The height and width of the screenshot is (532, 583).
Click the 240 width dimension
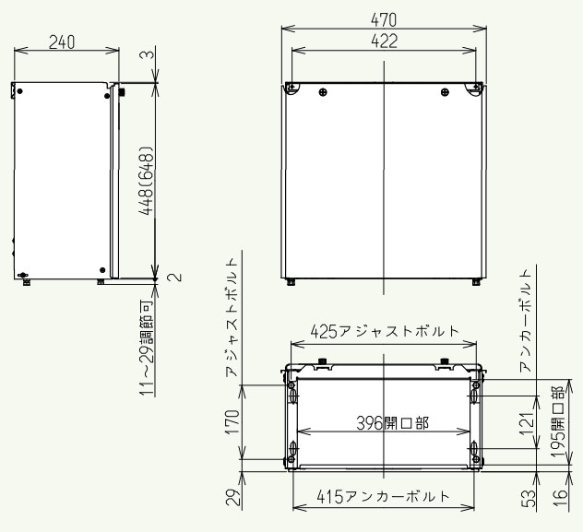point(63,41)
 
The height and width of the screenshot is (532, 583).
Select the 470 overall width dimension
point(385,18)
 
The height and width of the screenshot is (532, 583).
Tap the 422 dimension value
point(384,41)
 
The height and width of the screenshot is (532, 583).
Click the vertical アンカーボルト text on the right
point(525,319)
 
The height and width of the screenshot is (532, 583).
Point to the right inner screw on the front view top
point(445,91)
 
